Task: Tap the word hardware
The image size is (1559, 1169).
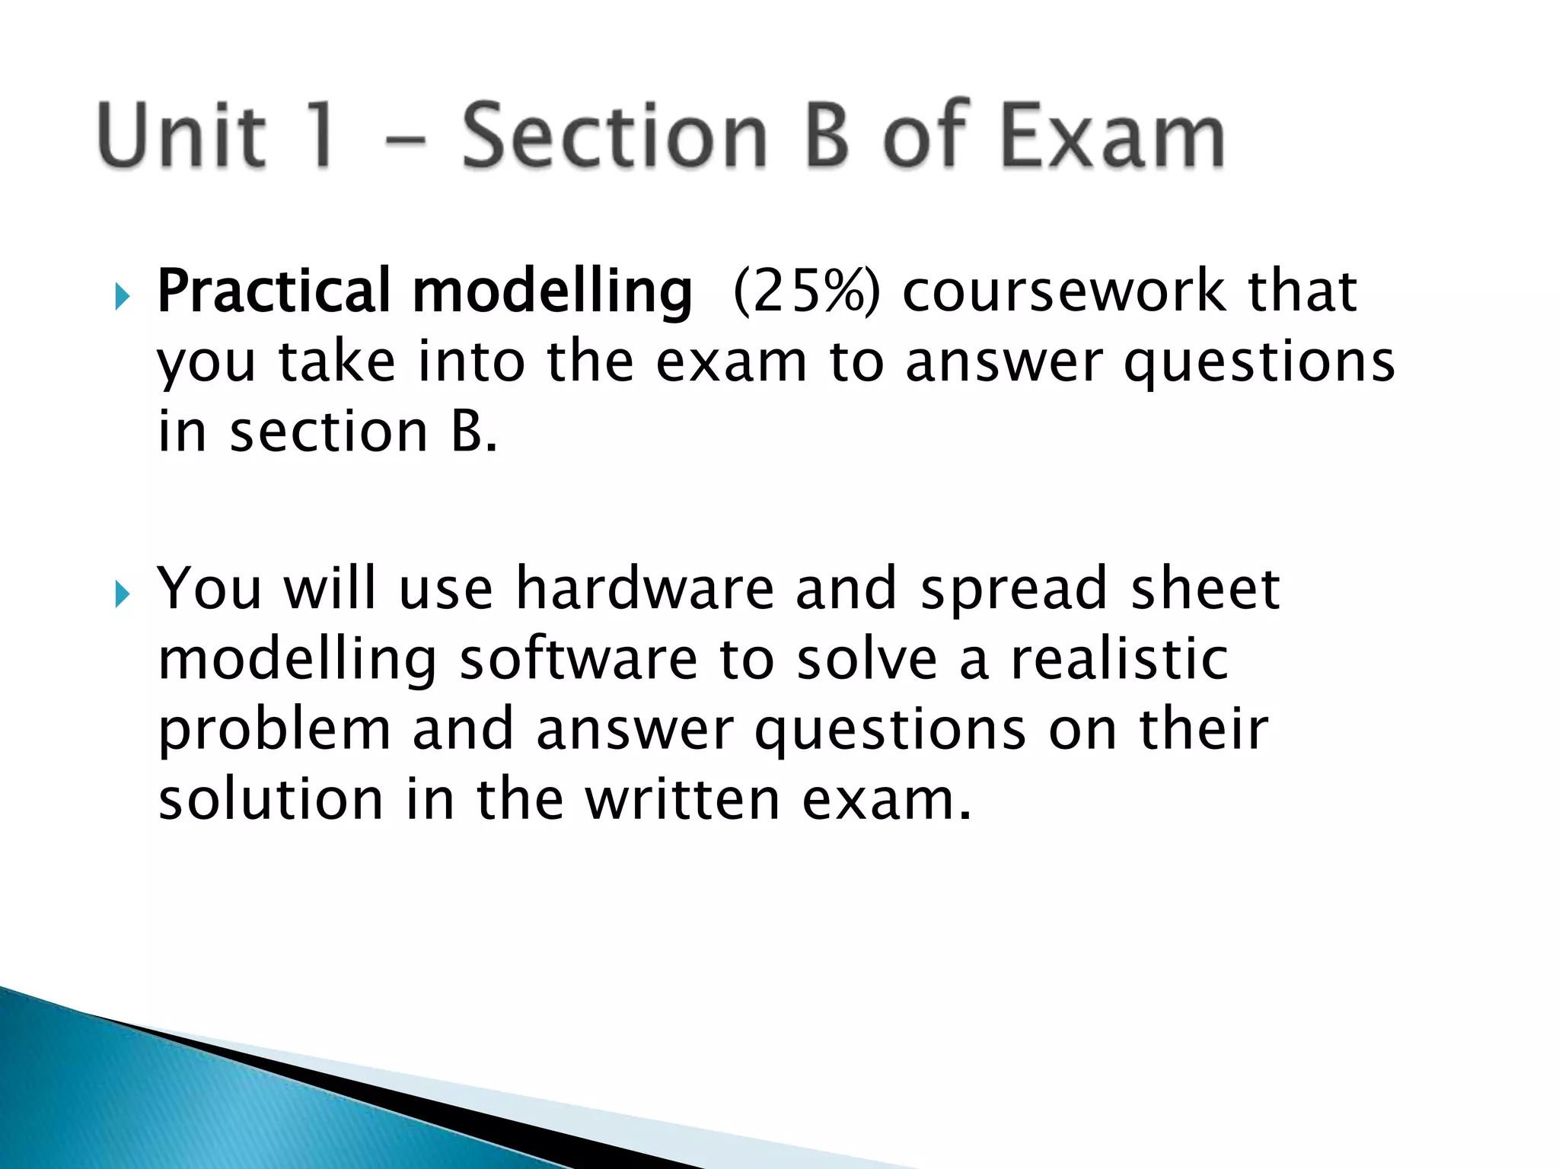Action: tap(644, 588)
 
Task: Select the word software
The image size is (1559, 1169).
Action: tap(579, 658)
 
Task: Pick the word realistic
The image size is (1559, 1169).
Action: tap(1119, 658)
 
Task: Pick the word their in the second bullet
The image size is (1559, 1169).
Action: tap(1203, 729)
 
